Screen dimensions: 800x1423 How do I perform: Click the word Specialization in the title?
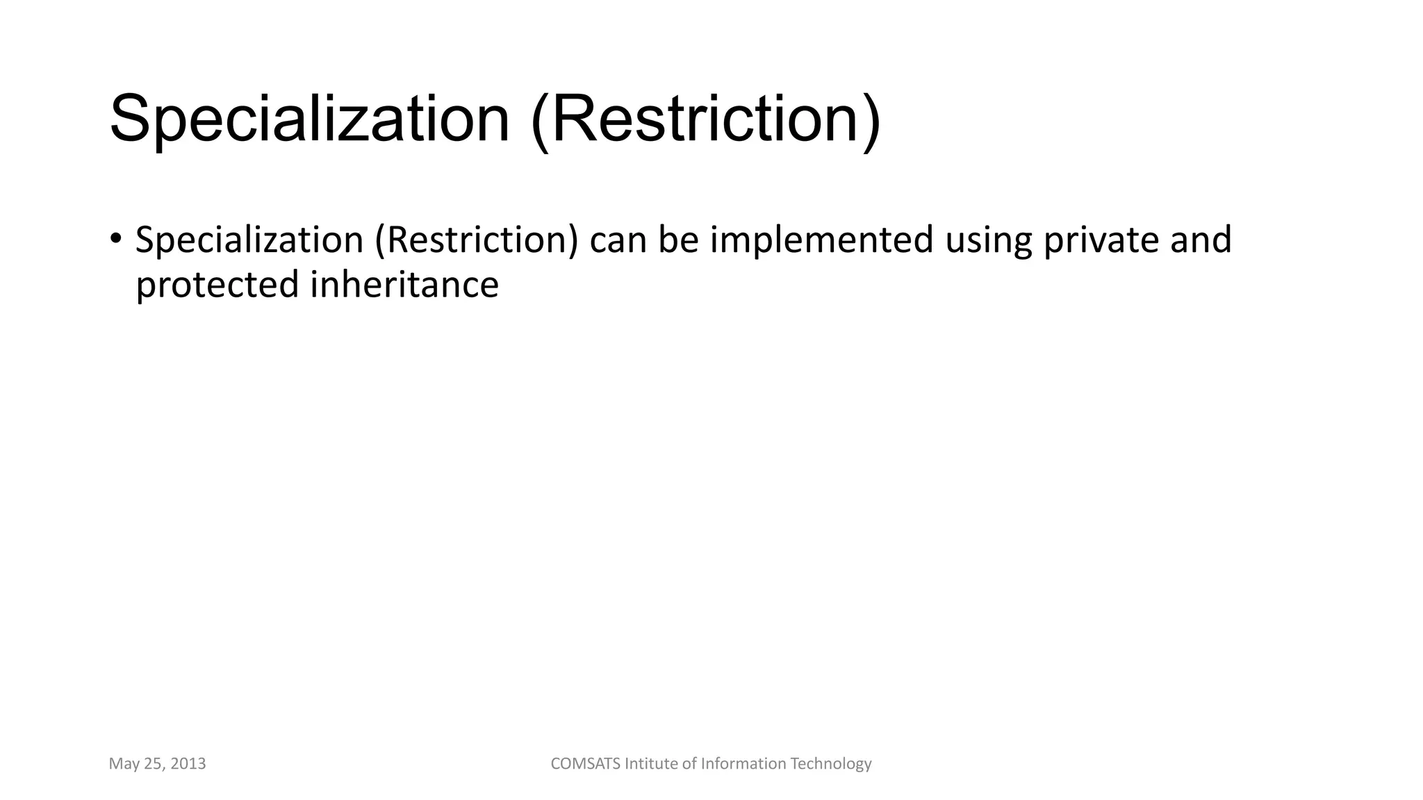pyautogui.click(x=309, y=119)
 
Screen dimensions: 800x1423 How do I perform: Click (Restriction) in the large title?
pyautogui.click(x=705, y=119)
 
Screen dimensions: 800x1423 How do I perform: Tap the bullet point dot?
pyautogui.click(x=115, y=238)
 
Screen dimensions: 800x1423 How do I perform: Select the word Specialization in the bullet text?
pyautogui.click(x=249, y=240)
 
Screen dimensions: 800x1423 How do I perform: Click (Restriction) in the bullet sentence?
pyautogui.click(x=477, y=240)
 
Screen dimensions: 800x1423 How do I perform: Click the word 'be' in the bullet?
pyautogui.click(x=678, y=240)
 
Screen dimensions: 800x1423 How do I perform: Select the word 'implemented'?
pyautogui.click(x=821, y=240)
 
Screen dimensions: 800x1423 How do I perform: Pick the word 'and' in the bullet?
pyautogui.click(x=1201, y=240)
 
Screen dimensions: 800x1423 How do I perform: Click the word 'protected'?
pyautogui.click(x=217, y=285)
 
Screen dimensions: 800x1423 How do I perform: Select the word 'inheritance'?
pyautogui.click(x=404, y=285)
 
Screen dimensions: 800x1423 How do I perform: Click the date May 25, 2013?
pyautogui.click(x=157, y=764)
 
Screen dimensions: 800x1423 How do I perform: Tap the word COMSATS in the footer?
pyautogui.click(x=585, y=764)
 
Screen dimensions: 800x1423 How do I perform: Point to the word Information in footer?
pyautogui.click(x=743, y=764)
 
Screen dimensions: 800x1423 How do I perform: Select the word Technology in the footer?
pyautogui.click(x=831, y=764)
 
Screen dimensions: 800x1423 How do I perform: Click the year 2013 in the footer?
pyautogui.click(x=188, y=764)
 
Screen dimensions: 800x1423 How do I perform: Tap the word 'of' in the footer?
pyautogui.click(x=689, y=764)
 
